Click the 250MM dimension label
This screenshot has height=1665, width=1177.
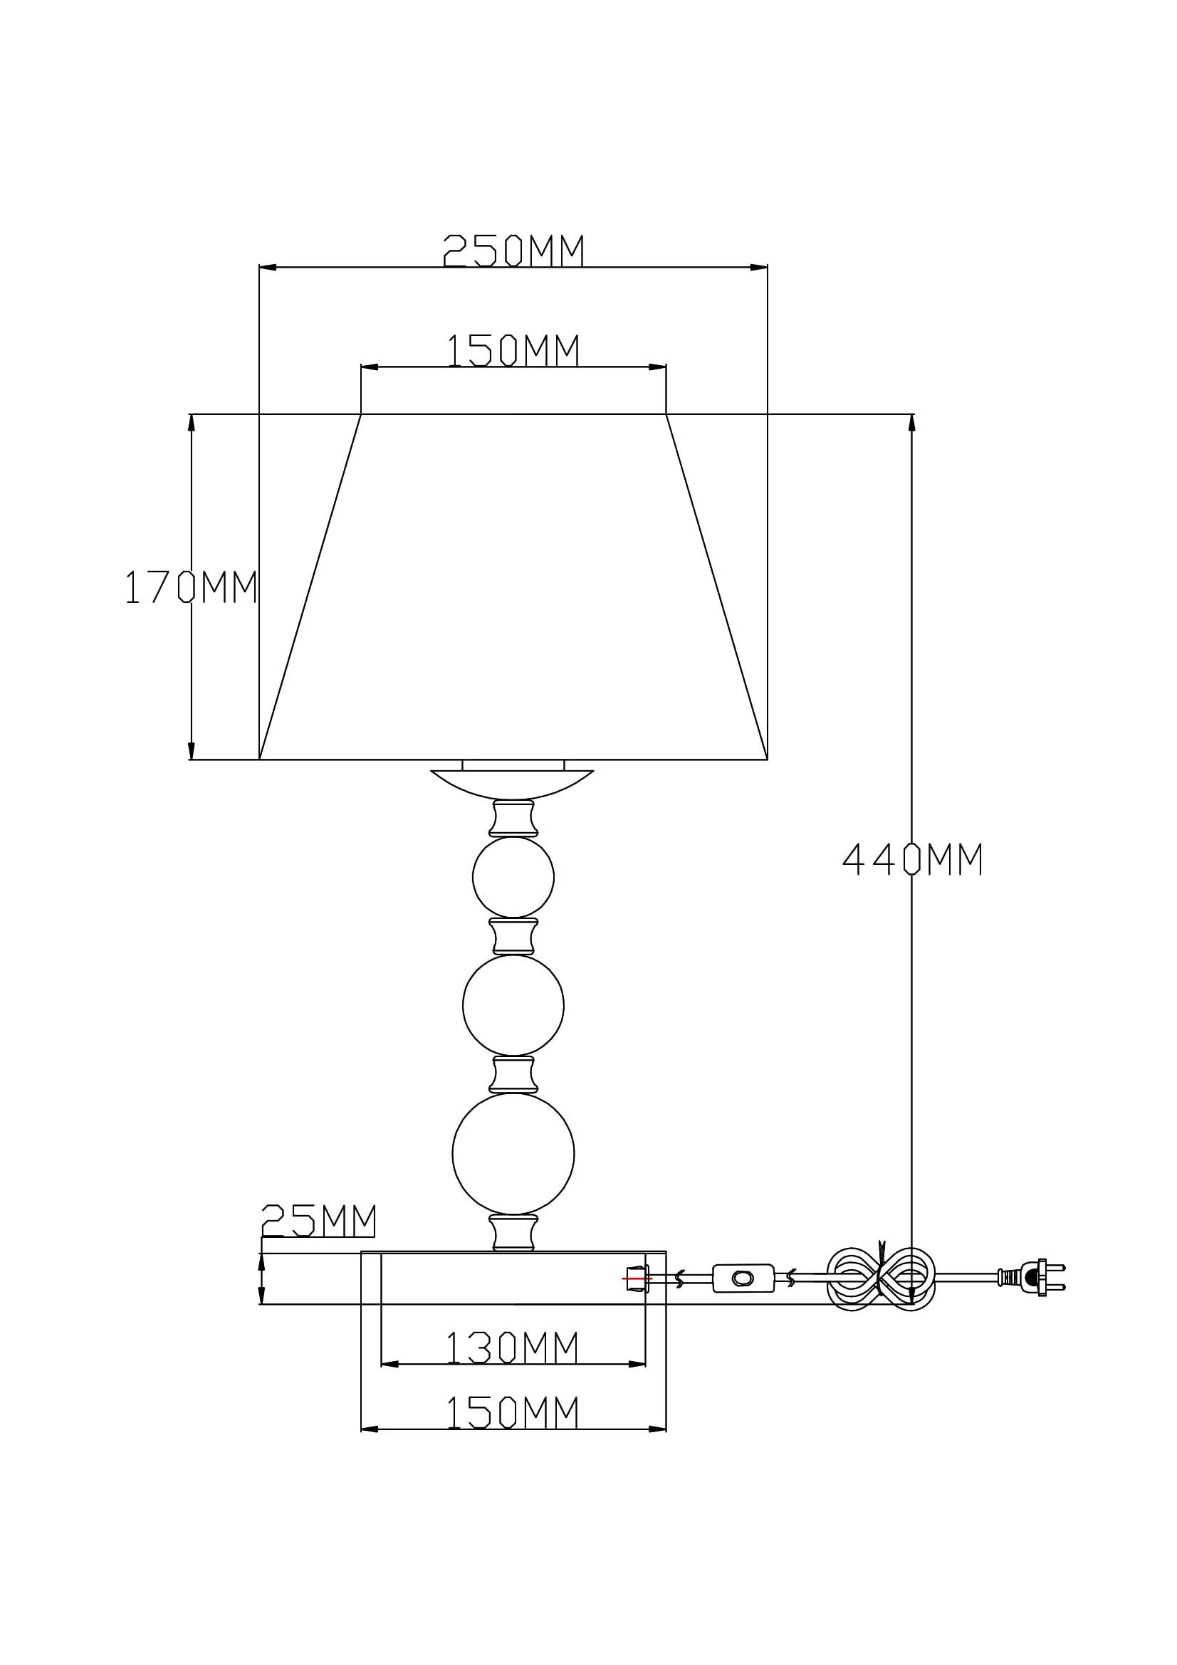tap(513, 251)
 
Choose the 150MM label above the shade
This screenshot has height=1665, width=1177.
tap(512, 350)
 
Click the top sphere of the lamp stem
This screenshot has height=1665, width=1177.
tap(513, 877)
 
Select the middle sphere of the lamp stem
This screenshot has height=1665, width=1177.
tap(513, 1005)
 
